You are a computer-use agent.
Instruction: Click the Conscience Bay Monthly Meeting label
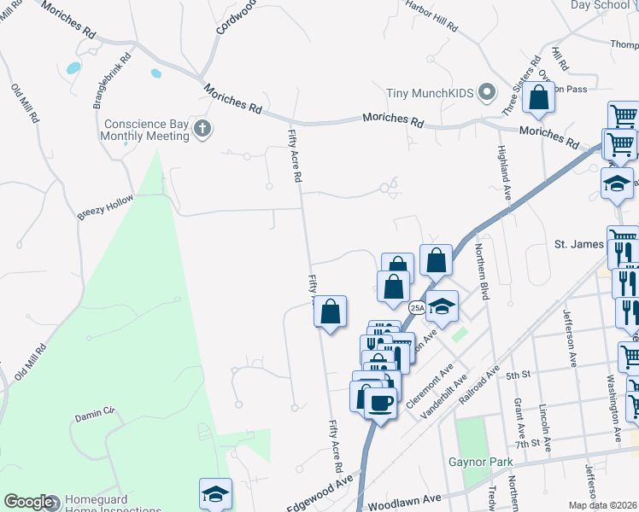145,130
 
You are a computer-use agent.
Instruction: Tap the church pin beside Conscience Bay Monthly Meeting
202,130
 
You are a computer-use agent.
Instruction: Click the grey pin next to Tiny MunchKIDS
488,91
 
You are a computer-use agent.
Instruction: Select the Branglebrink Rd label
111,82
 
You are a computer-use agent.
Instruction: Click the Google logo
28,502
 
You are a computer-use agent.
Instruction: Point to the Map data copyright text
603,505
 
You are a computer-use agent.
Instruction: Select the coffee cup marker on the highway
381,401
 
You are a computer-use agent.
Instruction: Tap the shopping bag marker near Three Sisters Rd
539,99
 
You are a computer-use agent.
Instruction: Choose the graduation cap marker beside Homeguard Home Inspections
215,494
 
